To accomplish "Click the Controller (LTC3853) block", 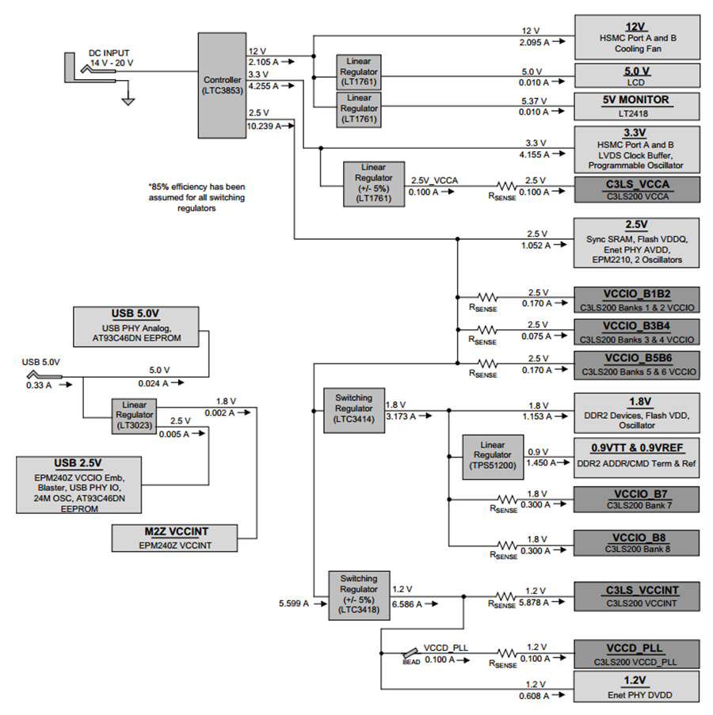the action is coord(222,86).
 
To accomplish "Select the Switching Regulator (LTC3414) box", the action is coord(354,410).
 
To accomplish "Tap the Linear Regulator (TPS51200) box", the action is coord(493,457).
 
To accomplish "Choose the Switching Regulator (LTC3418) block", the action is coord(359,595).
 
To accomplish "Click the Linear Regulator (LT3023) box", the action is coord(134,416).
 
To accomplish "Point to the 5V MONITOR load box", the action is coord(637,107).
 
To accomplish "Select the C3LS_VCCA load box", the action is coord(637,190).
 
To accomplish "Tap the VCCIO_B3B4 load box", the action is coord(637,332).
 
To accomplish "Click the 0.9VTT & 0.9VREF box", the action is coord(637,458).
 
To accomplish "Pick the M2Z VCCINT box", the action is coord(175,538).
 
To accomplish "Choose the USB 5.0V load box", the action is coord(136,327).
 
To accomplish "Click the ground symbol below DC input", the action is coord(128,101).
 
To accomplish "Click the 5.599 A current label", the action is coord(294,603).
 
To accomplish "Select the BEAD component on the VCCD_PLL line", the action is coord(410,653).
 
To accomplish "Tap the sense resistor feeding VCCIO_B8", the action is coord(506,546).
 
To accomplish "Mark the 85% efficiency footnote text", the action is coord(196,197).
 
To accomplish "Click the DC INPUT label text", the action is coord(109,53).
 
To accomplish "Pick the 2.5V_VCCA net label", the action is coord(434,181).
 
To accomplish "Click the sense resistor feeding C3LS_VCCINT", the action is coord(505,596).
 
